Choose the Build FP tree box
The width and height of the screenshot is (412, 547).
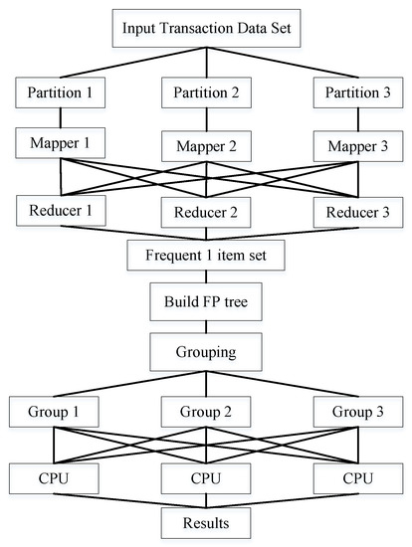click(x=206, y=300)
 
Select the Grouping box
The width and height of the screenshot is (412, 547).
click(x=206, y=350)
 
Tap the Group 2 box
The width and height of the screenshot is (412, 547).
click(x=206, y=410)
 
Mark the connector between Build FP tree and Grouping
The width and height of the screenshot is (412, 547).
click(x=206, y=325)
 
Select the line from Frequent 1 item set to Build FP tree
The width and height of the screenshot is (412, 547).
click(x=206, y=276)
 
